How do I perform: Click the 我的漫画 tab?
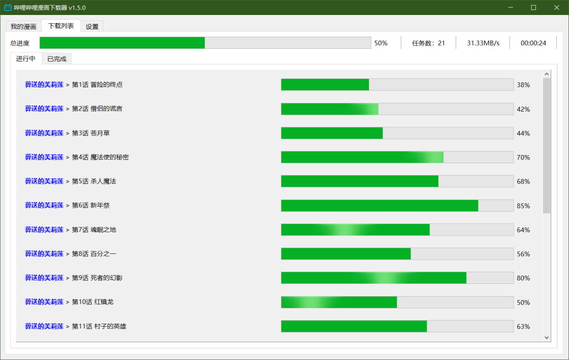pos(23,27)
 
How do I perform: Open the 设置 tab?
pos(92,27)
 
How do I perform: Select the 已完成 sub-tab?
pos(57,59)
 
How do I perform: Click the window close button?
pos(556,8)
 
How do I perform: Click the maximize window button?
pos(533,8)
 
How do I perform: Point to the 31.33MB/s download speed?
pos(483,43)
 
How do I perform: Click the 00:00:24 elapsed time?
pos(533,43)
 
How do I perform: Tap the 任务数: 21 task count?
pos(428,43)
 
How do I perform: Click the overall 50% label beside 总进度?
pos(381,43)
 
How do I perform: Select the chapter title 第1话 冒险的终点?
pos(97,85)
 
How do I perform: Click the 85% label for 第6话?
pos(523,206)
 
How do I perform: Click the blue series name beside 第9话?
pos(44,278)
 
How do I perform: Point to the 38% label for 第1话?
pos(523,85)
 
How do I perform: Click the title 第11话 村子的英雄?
pos(99,327)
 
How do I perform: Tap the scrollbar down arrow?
pos(546,337)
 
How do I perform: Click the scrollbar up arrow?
pos(546,74)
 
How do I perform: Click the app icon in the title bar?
pos(7,8)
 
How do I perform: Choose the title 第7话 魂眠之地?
pos(94,230)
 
